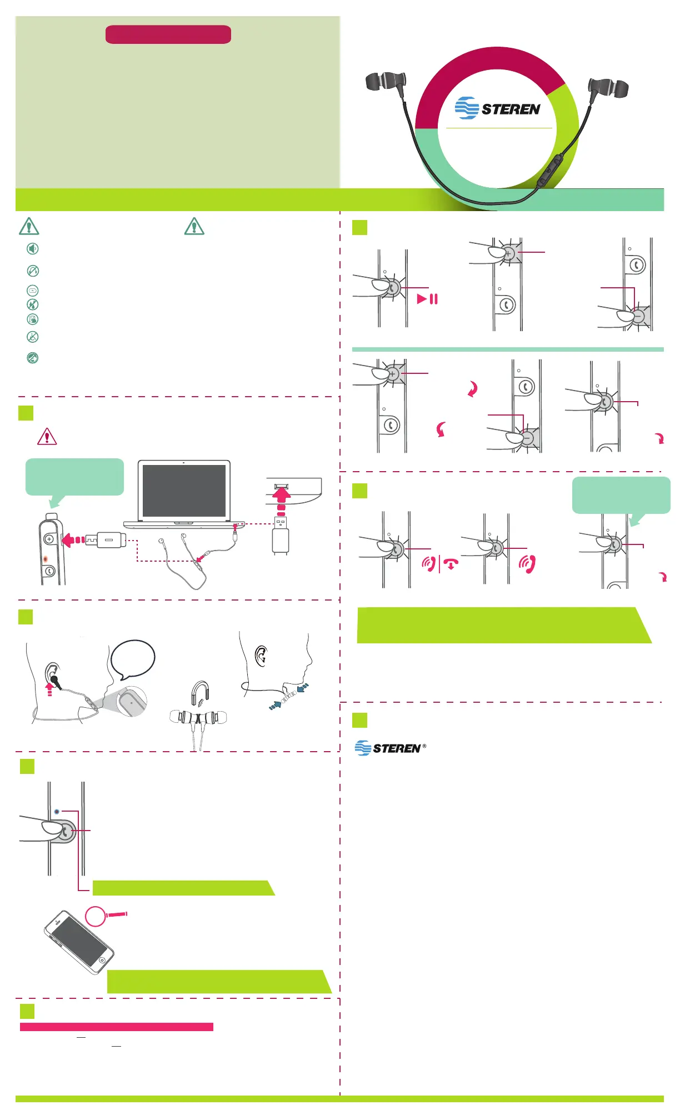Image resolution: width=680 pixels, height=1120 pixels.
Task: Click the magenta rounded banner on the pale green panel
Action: coord(168,34)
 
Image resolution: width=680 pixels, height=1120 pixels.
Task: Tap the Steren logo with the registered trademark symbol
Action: coord(390,748)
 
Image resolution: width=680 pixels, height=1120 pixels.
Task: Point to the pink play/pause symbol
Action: coord(427,299)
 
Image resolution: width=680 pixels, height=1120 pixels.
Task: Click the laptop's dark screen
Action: coord(184,491)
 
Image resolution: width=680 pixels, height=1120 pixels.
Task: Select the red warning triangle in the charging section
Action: coord(47,437)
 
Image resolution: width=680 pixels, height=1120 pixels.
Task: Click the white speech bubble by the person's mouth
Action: coord(133,659)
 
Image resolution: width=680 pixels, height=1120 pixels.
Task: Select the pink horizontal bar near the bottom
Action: coord(117,1027)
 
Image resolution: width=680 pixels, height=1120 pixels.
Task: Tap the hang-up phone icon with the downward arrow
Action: coord(451,564)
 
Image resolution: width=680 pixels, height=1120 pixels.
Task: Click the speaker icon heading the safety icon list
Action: coord(33,248)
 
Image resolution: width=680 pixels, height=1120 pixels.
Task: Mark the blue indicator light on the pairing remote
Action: coord(57,812)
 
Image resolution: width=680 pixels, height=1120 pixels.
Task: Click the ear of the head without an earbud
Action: coord(261,656)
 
